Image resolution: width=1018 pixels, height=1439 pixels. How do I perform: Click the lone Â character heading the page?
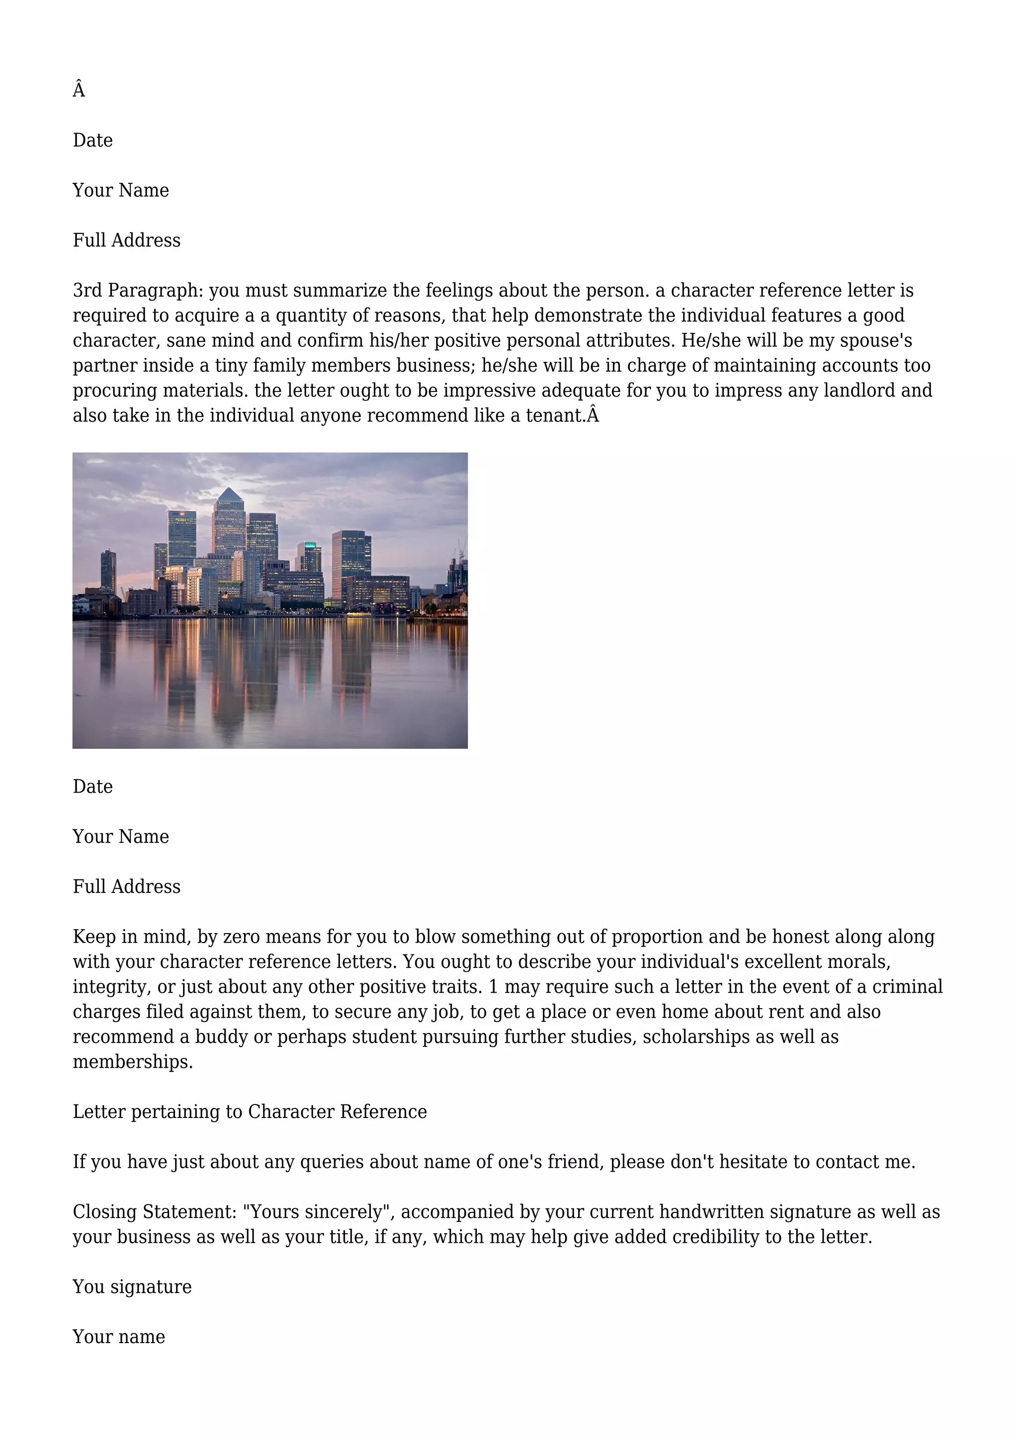(79, 90)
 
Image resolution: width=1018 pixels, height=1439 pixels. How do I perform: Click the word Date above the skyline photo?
(93, 141)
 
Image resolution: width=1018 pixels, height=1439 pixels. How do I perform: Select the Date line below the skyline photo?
(93, 787)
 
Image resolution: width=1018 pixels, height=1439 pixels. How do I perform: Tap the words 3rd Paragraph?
(137, 291)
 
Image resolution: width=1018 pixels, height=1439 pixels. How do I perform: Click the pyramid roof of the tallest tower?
(230, 494)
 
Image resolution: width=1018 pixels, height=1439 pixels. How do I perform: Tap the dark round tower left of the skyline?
(108, 570)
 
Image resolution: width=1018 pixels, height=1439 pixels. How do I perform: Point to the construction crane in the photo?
(461, 550)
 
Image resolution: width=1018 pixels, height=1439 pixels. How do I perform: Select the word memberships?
(132, 1062)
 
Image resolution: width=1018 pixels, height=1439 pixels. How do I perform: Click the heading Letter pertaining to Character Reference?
(250, 1112)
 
